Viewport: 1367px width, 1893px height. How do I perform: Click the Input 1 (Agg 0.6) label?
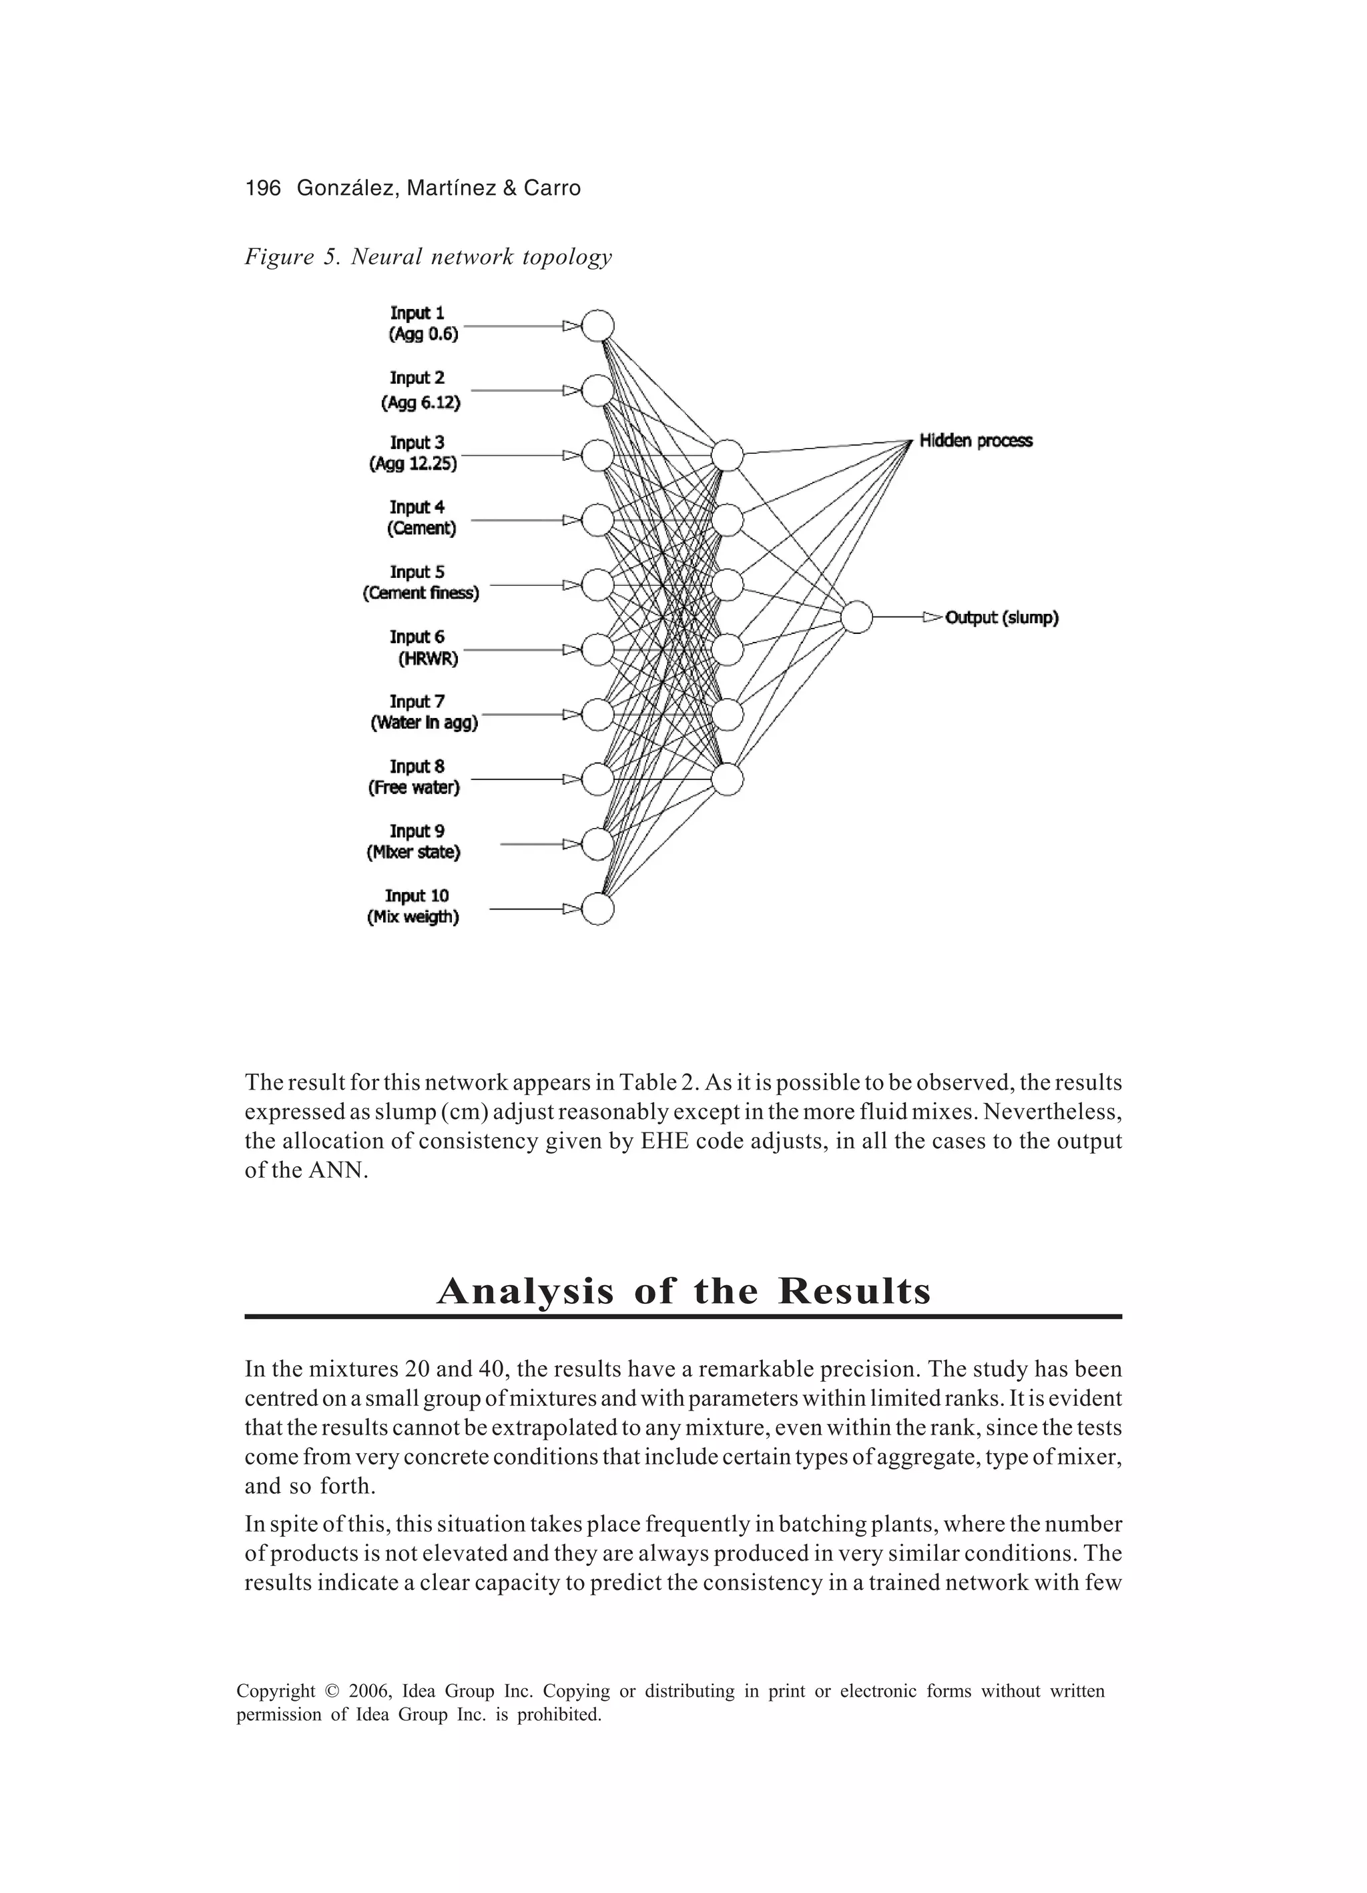click(423, 324)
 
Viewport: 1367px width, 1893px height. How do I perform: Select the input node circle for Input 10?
click(597, 909)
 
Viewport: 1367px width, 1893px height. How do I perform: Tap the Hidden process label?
click(975, 440)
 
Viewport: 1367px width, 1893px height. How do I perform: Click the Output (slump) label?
click(1001, 618)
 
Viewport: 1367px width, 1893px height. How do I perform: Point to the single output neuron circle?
click(857, 618)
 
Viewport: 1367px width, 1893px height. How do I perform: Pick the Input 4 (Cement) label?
click(422, 518)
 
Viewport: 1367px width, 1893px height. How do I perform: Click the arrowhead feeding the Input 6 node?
click(571, 649)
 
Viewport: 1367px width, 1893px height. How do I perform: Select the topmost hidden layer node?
click(728, 455)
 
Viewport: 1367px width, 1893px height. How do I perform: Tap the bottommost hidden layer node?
click(728, 779)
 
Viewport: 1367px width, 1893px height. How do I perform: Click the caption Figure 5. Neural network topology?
click(428, 256)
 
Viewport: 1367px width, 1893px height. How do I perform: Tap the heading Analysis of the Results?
click(683, 1291)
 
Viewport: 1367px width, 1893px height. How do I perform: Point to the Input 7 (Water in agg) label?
click(423, 712)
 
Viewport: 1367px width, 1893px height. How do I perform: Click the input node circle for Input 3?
click(597, 456)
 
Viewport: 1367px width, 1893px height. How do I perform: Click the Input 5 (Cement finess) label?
click(420, 583)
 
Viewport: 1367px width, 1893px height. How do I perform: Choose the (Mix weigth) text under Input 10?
click(413, 917)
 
